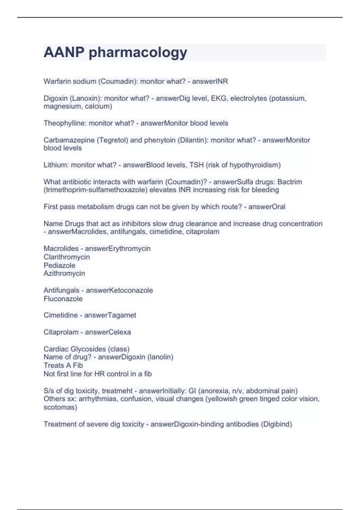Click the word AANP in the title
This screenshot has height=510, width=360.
[64, 52]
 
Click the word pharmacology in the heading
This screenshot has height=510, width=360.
[138, 53]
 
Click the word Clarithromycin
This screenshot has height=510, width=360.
[67, 257]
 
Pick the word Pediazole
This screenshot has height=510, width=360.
[59, 265]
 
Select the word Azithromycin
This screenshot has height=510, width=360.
[64, 273]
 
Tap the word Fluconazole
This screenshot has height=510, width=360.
[63, 299]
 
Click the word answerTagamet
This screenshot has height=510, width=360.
[110, 315]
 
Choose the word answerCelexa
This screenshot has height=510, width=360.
[108, 332]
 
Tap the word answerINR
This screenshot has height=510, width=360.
[210, 81]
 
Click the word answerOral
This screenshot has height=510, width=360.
[267, 207]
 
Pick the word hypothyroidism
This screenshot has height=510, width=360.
[255, 165]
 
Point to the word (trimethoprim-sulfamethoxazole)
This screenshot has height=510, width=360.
[95, 190]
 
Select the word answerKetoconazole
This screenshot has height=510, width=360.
[119, 290]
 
